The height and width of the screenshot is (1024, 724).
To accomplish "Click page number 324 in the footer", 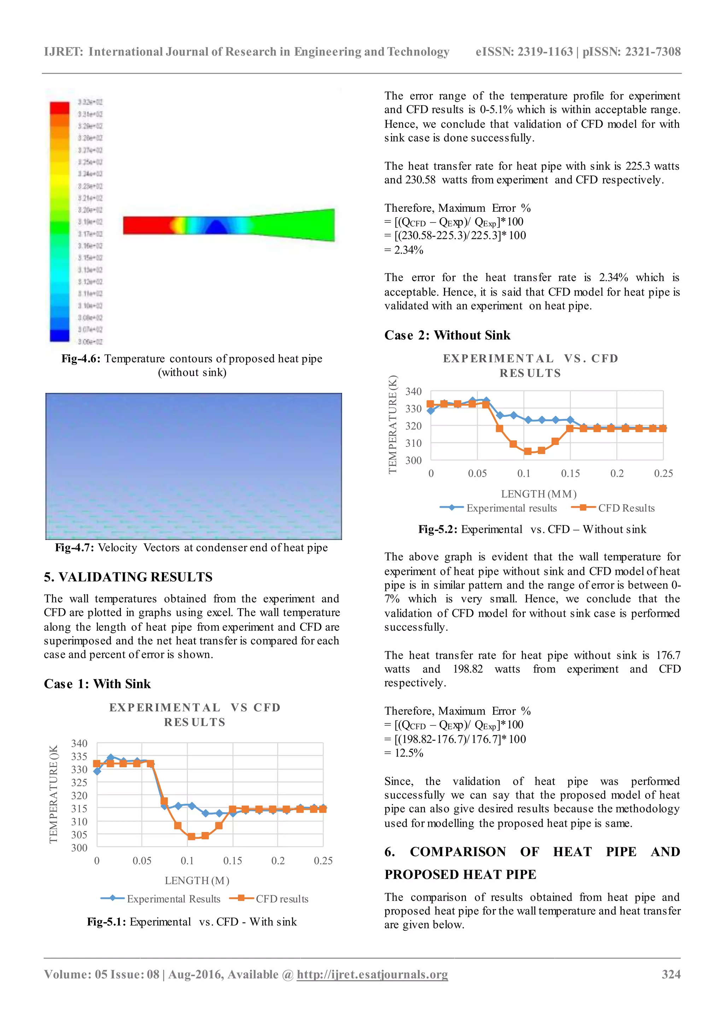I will pyautogui.click(x=671, y=974).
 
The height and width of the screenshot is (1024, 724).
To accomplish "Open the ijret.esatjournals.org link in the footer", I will pyautogui.click(x=372, y=974).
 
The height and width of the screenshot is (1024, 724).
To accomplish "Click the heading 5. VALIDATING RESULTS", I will pyautogui.click(x=128, y=577).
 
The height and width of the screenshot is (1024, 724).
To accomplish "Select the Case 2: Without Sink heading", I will pyautogui.click(x=447, y=336).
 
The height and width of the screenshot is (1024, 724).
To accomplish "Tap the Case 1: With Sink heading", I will pyautogui.click(x=97, y=684).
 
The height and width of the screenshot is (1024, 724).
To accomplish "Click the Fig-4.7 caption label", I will pyautogui.click(x=74, y=548).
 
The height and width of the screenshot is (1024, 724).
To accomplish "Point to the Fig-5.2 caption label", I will pyautogui.click(x=438, y=529).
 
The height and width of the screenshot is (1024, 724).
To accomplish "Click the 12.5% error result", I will pyautogui.click(x=409, y=753).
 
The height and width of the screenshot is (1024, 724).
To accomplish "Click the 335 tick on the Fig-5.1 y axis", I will pyautogui.click(x=79, y=756).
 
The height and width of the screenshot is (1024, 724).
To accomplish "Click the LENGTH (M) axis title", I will pyautogui.click(x=197, y=880).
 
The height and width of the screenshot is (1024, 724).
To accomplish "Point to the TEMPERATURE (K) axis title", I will pyautogui.click(x=392, y=424).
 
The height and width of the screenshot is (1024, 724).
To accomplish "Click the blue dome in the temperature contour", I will pyautogui.click(x=217, y=227).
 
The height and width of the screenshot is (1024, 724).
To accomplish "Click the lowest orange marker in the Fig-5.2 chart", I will pyautogui.click(x=528, y=451).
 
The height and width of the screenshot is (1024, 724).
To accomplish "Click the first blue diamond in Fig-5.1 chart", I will pyautogui.click(x=97, y=771).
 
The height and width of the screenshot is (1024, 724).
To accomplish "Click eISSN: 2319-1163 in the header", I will pyautogui.click(x=524, y=52).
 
